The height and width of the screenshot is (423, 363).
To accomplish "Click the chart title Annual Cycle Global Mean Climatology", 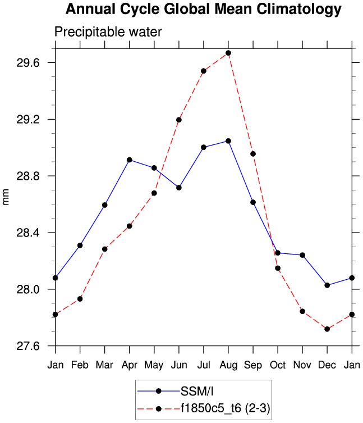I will tap(203, 10).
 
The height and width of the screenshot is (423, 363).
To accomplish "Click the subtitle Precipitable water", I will tap(108, 32).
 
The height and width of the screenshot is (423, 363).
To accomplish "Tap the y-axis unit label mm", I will tap(7, 197).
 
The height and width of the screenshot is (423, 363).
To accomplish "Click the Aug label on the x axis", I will tap(228, 364).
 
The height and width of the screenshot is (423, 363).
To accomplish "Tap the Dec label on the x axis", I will tap(327, 364).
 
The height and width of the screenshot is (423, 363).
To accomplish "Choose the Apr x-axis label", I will tap(130, 364).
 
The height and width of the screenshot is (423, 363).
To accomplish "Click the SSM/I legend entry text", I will tap(196, 391).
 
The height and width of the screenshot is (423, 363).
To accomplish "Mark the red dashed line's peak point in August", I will tap(228, 53).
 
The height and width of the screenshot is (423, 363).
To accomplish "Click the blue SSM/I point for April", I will tap(130, 160).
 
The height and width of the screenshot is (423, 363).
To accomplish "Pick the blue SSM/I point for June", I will tap(179, 188).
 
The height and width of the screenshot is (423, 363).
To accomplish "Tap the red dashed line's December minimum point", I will tap(327, 329).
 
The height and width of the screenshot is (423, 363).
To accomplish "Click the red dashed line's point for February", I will tap(80, 299).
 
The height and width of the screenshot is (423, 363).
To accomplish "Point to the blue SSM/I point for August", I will tap(228, 141).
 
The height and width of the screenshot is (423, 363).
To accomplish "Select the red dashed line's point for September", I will tap(253, 154).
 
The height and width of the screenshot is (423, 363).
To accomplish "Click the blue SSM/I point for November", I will tap(302, 255).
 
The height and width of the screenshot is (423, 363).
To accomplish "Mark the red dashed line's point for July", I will tap(204, 71).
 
